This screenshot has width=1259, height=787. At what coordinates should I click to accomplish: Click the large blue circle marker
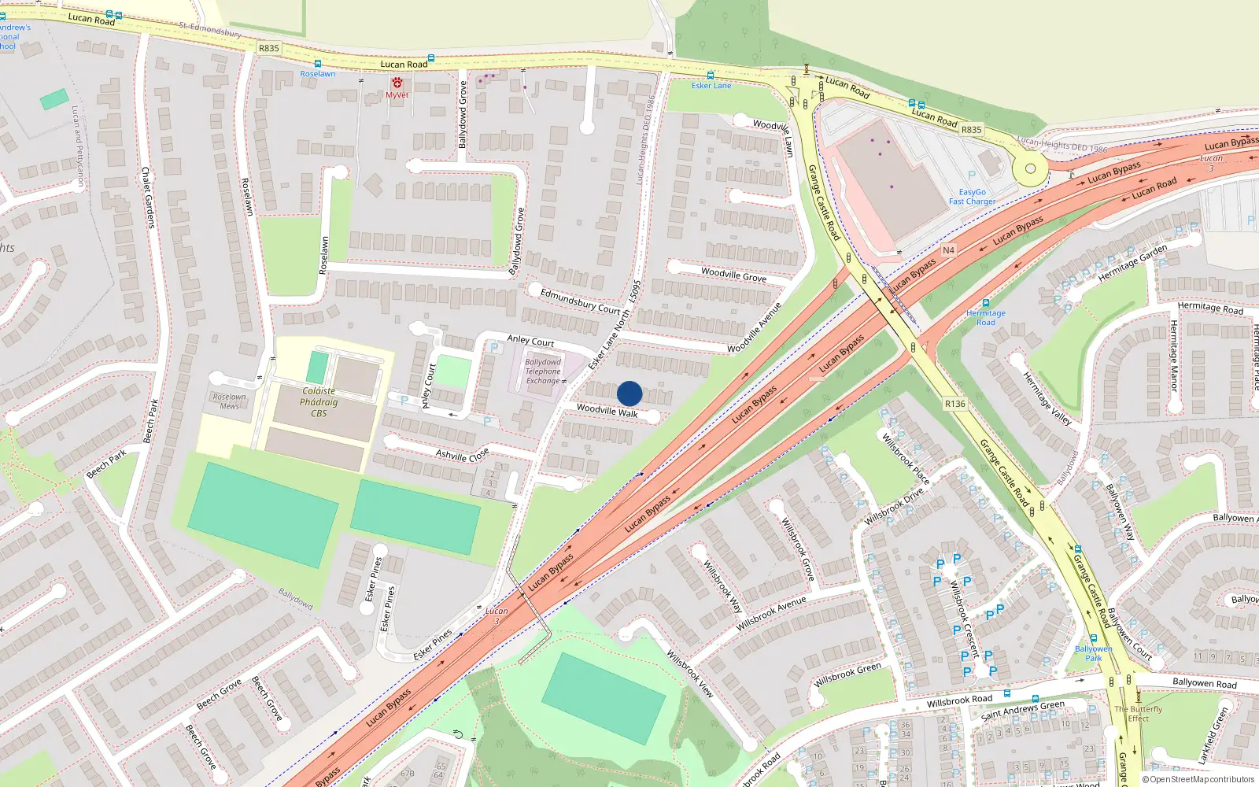(x=629, y=393)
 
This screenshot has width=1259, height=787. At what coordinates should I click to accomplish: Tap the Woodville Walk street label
(x=607, y=411)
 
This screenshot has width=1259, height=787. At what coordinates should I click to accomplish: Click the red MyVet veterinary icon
(x=397, y=83)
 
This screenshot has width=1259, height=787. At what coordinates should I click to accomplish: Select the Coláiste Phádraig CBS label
(x=319, y=402)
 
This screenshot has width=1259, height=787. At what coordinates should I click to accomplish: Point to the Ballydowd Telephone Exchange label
(x=543, y=371)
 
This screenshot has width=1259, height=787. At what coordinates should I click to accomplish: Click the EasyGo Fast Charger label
(x=972, y=197)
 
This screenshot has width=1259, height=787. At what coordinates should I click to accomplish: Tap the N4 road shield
(x=948, y=250)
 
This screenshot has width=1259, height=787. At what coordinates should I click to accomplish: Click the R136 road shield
(x=954, y=404)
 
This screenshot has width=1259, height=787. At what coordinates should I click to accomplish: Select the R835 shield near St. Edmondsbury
(x=268, y=48)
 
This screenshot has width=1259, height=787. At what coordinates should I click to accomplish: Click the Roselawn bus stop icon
(x=317, y=64)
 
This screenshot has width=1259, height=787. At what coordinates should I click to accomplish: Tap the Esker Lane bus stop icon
(x=711, y=76)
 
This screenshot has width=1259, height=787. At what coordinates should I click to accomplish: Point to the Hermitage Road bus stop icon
(x=985, y=303)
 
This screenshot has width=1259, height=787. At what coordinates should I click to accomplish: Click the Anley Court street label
(x=530, y=341)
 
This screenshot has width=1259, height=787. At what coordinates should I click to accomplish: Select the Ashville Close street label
(x=463, y=455)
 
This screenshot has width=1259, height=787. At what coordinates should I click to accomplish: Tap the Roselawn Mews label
(x=229, y=401)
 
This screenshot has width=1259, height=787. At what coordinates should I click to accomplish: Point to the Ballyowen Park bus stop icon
(x=1093, y=638)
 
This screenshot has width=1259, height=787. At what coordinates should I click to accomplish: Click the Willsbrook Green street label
(x=847, y=674)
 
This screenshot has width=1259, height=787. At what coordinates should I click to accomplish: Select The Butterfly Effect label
(x=1138, y=713)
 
